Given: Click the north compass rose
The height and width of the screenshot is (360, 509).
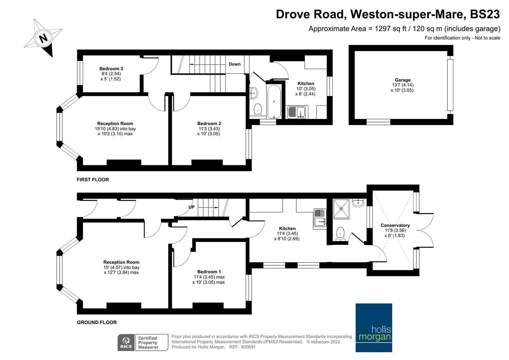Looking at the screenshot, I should pos(43,38).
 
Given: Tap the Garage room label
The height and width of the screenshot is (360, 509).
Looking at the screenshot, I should pos(402,80).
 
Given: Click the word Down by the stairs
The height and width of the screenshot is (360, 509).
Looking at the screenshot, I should pos(234,64).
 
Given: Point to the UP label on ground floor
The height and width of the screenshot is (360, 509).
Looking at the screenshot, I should pos(191,207).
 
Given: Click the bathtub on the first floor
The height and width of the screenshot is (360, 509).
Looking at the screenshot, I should pos(274,101).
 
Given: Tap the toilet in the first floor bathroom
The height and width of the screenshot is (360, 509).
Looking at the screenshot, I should pos(257,109).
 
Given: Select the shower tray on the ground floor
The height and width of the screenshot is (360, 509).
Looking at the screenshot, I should pos(341,209).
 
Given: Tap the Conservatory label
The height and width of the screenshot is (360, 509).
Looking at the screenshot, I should pos(395,225).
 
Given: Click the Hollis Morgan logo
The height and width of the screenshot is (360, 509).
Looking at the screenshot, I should pos(374,327).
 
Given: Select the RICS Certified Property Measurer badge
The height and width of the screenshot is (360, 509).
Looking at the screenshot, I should pos(143,342).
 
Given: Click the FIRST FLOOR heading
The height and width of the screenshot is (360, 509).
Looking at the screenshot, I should pos(93,180).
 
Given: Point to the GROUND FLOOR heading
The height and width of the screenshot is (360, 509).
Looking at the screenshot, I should pos(97,322).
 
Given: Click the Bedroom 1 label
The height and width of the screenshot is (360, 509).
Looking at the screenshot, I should pos(209,272).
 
